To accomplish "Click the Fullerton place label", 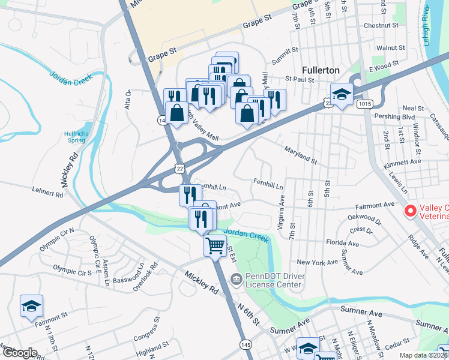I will [x=321, y=70].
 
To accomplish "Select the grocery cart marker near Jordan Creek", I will [x=215, y=245].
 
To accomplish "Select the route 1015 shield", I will [x=363, y=104].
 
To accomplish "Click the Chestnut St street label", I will [x=381, y=26].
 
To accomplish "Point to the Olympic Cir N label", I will [x=56, y=238].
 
